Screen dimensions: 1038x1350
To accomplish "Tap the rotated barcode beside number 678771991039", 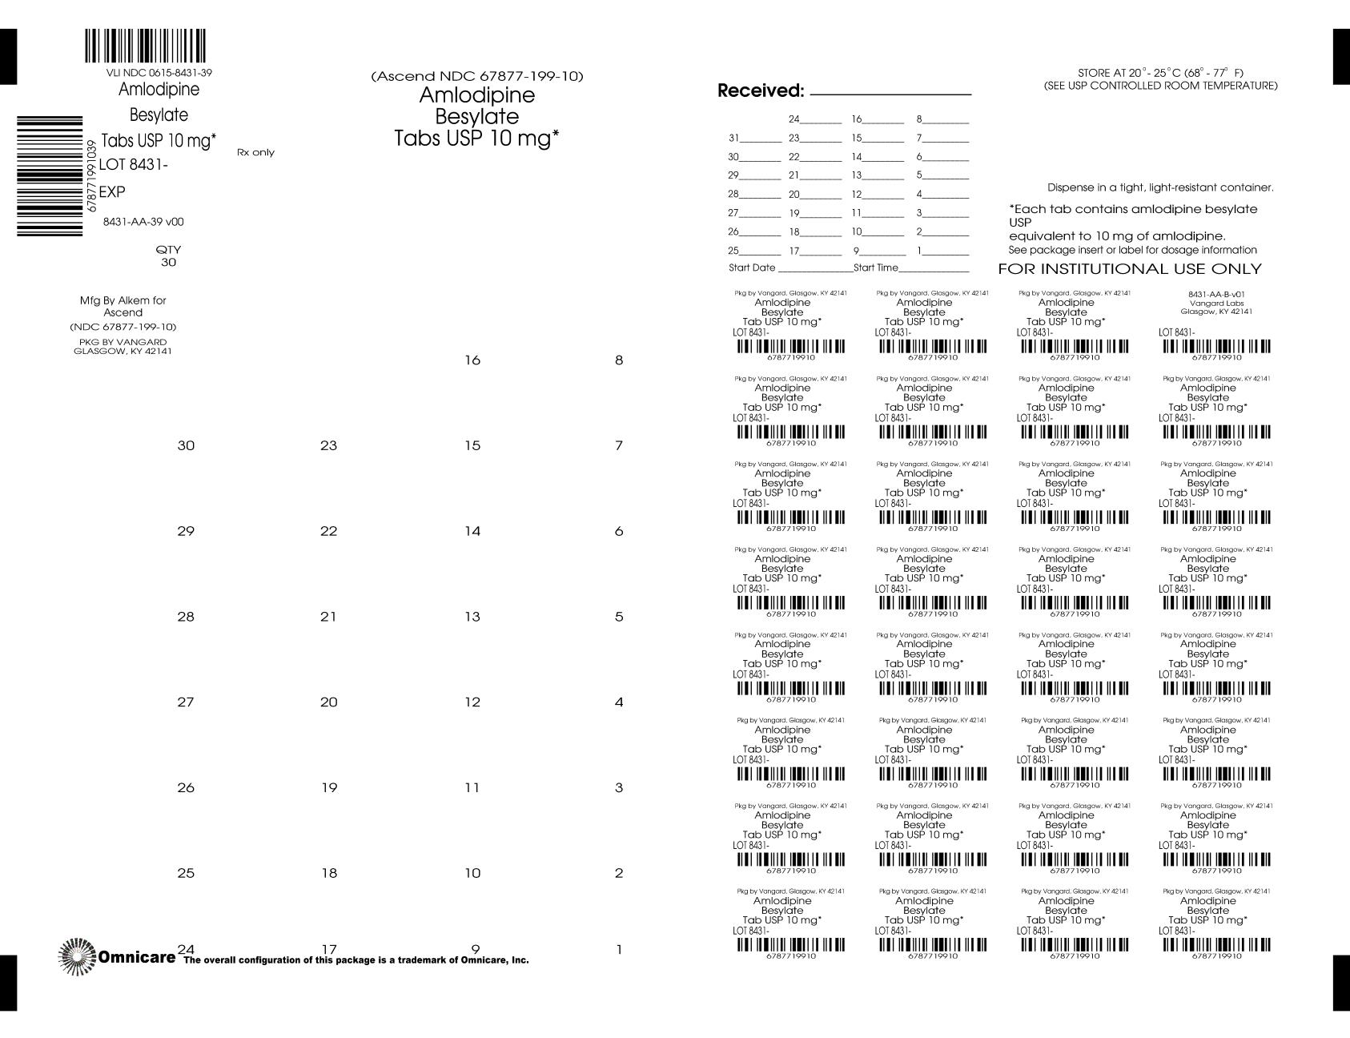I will tap(50, 176).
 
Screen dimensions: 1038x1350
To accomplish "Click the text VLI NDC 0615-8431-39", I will tap(159, 73).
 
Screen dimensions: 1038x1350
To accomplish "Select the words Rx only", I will tap(255, 152).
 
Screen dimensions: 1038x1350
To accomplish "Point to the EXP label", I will tap(112, 192).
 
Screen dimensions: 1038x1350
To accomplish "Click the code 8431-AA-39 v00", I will tap(143, 222).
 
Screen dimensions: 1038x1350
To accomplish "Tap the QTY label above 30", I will tap(168, 249).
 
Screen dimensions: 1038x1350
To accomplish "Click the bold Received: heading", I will tap(760, 91).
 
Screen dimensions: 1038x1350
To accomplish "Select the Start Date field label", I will tap(752, 268).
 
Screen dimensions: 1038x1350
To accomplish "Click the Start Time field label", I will tap(876, 268).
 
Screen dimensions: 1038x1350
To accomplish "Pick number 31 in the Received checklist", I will tap(733, 138).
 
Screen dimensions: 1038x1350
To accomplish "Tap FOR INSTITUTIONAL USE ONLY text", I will tap(1129, 269).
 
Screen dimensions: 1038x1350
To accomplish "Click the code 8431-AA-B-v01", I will tap(1216, 295).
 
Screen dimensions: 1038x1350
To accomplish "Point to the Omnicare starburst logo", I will tap(77, 956).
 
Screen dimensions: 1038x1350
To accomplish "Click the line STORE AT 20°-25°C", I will tap(1160, 73).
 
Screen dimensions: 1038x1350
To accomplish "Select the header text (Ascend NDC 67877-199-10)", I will tap(477, 77).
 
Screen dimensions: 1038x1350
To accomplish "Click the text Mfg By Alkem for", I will tap(123, 300).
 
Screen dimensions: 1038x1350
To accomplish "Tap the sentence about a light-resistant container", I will tap(1160, 187).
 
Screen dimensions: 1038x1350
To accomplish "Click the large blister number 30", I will tap(186, 445).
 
